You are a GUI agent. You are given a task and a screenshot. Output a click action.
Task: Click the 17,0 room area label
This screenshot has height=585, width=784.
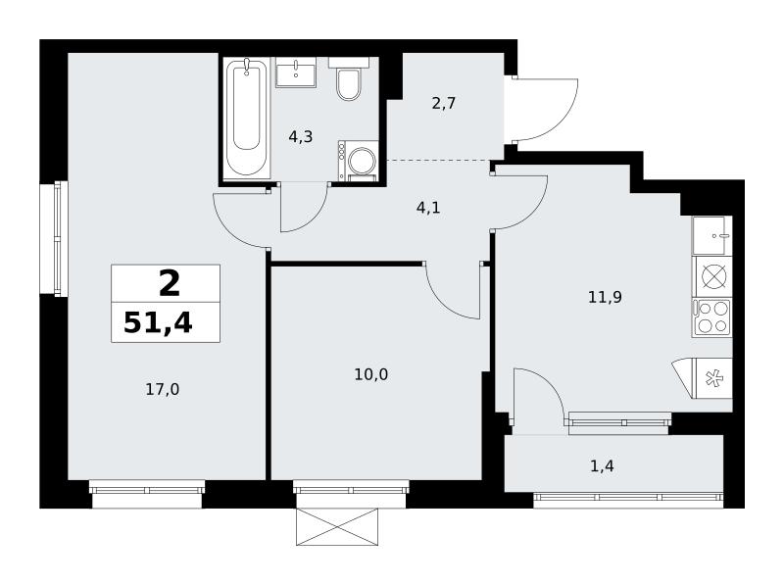point(163,389)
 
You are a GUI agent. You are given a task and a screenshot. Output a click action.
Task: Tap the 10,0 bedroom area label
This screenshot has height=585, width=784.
point(371,374)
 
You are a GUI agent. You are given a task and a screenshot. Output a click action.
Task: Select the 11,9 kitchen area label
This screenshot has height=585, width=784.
point(605,298)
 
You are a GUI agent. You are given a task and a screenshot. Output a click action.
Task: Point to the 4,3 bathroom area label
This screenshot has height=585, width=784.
point(301,136)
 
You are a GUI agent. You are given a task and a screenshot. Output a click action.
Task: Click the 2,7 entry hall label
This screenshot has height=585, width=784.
point(444,104)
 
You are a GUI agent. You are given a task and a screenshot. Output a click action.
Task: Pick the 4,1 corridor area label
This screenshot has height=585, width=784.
point(428,208)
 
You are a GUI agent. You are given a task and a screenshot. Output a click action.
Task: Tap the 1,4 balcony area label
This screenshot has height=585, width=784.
point(602,466)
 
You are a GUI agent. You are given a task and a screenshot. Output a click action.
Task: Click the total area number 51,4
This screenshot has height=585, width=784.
point(158,322)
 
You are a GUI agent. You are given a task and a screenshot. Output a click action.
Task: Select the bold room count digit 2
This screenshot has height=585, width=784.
point(170,283)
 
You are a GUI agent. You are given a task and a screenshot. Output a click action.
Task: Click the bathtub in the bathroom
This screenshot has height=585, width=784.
point(247,118)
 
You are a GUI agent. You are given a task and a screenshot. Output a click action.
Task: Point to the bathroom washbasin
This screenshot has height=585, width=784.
point(296,73)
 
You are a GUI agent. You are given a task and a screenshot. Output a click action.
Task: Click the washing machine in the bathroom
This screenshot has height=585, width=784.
point(358,160)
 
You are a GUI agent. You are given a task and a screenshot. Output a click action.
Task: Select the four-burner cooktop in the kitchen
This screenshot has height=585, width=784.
point(712,318)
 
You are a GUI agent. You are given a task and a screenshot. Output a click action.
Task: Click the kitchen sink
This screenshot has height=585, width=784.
point(712,235)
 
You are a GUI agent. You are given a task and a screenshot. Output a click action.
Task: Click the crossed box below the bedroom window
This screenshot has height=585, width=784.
point(337,526)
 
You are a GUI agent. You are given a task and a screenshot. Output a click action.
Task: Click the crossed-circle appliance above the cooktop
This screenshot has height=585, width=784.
point(712,276)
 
